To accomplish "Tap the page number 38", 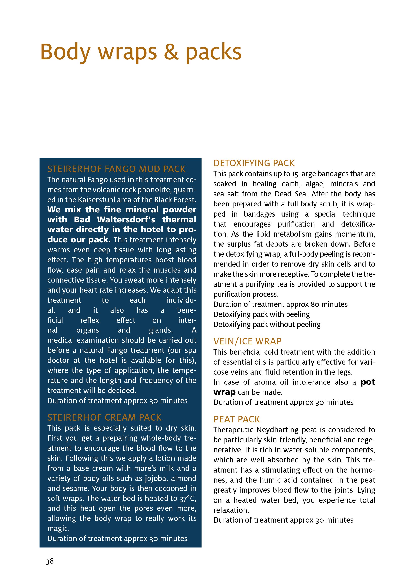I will (x=50, y=561).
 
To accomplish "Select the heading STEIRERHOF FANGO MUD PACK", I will (x=117, y=169).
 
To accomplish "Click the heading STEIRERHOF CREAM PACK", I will (x=105, y=417).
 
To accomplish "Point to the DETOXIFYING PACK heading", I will (x=254, y=163).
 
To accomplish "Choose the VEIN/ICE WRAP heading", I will (x=247, y=341).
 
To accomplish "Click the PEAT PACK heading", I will (x=237, y=419).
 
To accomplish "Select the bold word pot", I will (x=368, y=382).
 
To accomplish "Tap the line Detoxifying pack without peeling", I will (x=267, y=325).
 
